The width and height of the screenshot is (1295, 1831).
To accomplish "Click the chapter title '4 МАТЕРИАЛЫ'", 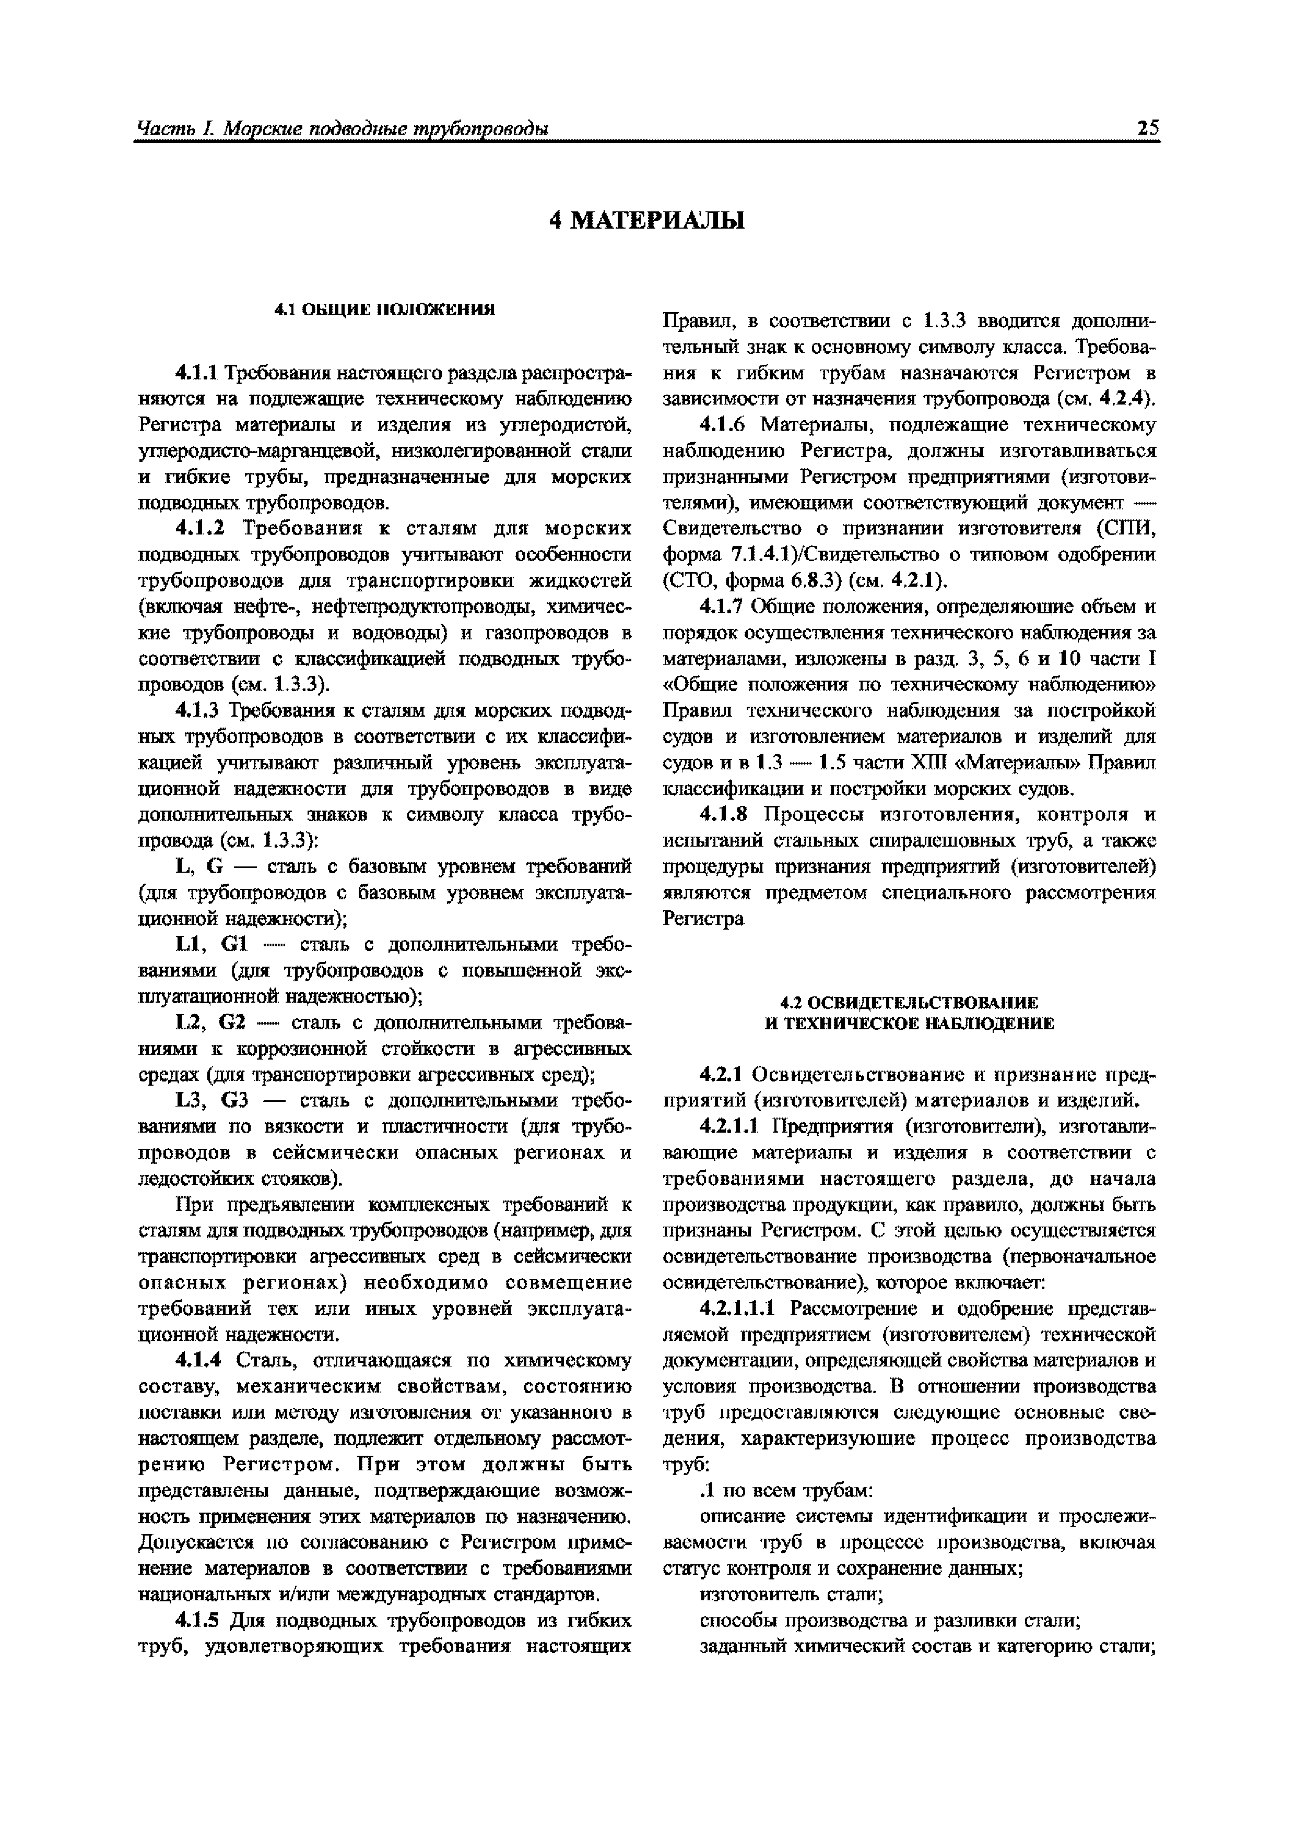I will click(647, 220).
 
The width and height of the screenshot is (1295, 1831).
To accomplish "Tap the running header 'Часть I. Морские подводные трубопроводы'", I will click(343, 128).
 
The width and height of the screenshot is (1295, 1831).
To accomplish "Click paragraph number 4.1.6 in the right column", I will click(722, 425).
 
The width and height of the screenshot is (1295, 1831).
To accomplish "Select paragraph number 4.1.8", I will click(722, 815).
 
